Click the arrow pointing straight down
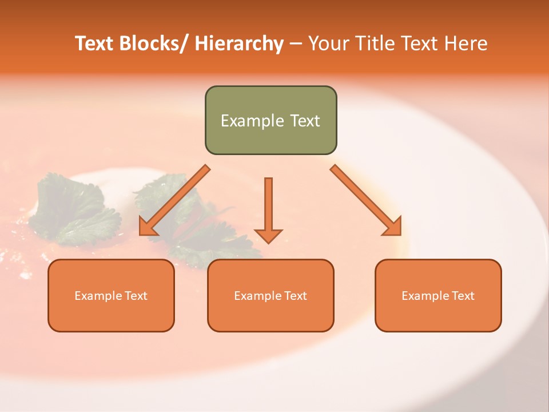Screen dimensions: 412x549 [268, 209]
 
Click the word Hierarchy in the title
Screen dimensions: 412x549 [239, 44]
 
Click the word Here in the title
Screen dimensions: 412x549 [467, 43]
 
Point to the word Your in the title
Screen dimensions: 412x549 [328, 43]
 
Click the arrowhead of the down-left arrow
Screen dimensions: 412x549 [148, 227]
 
